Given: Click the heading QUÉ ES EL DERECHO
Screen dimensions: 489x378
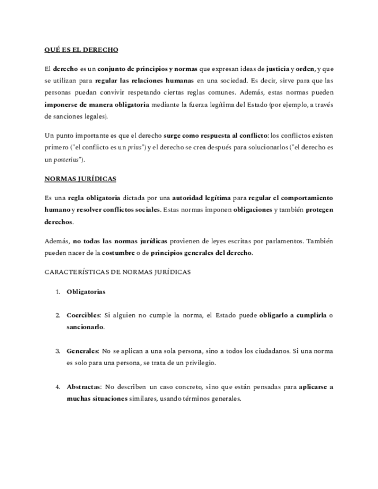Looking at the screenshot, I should (81, 50).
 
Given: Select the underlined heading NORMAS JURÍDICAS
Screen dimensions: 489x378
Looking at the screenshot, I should (80, 179).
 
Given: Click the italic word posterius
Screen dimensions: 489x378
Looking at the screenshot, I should (68, 160).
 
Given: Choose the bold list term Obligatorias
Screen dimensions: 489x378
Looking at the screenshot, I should (86, 292).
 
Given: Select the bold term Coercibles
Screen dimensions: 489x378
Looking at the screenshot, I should (83, 315).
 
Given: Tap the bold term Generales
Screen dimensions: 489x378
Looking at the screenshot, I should (82, 351).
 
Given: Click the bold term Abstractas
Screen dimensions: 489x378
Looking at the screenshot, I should (83, 387).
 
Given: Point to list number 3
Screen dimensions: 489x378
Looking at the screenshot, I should (58, 351).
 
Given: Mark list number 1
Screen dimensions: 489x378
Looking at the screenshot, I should (58, 292).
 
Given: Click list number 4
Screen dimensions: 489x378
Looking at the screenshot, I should (58, 387).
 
